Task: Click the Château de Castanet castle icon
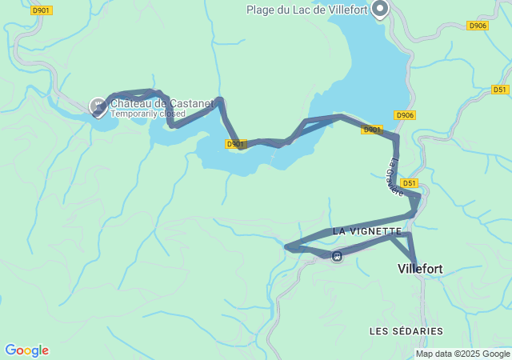98,105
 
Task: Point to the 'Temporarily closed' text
148,114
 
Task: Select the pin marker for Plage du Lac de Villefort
379,9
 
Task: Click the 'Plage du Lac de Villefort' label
314,10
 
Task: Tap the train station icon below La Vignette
338,256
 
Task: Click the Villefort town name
420,270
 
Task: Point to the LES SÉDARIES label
406,330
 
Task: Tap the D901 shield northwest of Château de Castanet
41,10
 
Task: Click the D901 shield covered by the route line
235,144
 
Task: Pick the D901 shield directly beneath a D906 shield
372,129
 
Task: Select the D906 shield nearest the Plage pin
478,26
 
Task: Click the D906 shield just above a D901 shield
405,115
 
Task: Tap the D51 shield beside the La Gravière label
410,183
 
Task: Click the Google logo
26,350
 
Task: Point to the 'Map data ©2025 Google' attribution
462,354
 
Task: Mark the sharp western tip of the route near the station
286,247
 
